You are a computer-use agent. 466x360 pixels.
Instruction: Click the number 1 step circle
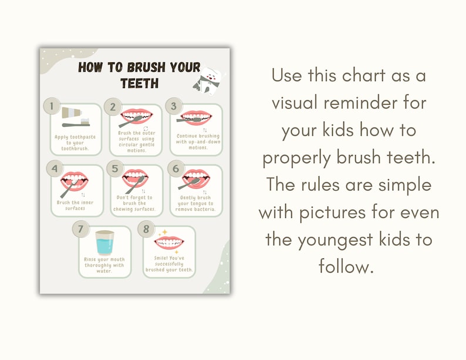52,107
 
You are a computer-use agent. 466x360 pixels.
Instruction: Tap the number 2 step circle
113,107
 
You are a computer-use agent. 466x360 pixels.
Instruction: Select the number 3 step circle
173,106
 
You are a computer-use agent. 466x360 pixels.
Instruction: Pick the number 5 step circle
115,169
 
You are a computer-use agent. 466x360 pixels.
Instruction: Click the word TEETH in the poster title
139,83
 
